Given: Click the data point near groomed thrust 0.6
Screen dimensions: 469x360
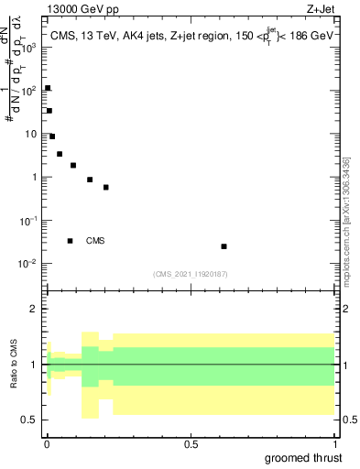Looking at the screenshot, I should (224, 246).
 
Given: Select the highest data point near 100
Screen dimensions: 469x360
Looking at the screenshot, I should (48, 88).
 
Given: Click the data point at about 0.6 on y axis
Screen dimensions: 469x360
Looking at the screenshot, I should (106, 187).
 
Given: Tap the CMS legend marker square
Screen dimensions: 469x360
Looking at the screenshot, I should (70, 241).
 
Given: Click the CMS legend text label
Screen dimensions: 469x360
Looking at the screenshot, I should (95, 241).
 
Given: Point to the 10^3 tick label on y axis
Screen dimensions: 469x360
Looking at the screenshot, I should (29, 47).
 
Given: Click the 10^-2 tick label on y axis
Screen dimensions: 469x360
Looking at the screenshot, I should (29, 264).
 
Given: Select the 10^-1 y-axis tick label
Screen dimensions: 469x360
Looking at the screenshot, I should (29, 221).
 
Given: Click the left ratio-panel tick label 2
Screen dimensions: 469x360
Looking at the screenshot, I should (33, 309).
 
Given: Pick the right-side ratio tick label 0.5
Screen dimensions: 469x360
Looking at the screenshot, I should (350, 420).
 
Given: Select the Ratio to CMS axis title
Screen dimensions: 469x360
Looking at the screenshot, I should (14, 365).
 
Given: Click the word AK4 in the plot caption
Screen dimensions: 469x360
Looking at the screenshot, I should (135, 36).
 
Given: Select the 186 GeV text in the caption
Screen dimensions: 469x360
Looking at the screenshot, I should (313, 36).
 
